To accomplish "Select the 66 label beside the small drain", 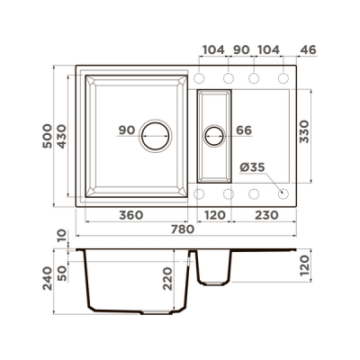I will [244, 130].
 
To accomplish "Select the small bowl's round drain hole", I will [215, 135].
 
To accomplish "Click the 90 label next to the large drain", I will [126, 130].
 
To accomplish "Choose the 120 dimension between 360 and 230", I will [215, 217].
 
